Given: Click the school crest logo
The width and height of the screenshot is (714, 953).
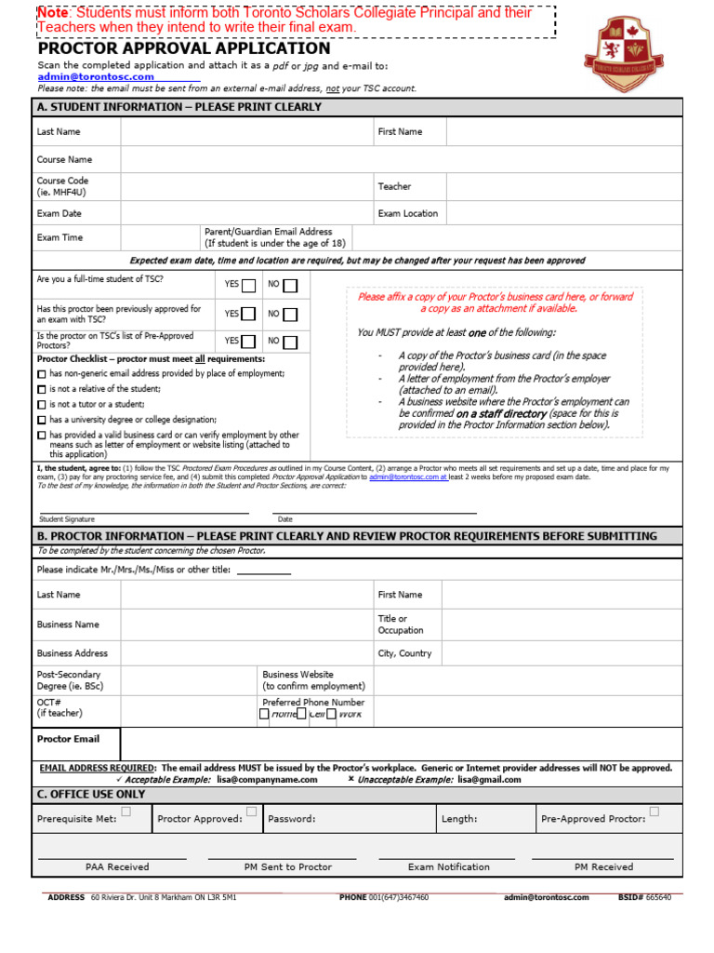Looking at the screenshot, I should click(x=637, y=53).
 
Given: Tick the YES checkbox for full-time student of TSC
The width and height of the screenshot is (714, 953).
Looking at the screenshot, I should click(x=248, y=286).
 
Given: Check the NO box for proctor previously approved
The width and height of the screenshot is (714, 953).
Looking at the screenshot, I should click(x=290, y=315).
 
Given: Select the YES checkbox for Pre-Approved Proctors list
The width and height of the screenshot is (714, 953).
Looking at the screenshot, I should click(x=248, y=342).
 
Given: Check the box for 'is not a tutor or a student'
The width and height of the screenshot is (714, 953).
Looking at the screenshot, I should click(x=42, y=405).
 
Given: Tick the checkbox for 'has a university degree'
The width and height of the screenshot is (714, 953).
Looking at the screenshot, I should click(x=42, y=421).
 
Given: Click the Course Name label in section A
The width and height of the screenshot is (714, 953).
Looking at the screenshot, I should click(x=64, y=160).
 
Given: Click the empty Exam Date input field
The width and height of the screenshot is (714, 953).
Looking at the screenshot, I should click(x=246, y=213).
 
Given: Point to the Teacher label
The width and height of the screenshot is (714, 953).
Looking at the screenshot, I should click(x=394, y=186).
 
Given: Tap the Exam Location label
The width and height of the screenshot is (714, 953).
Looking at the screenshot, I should click(x=407, y=213).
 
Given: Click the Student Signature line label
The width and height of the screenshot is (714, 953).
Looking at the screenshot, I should click(x=66, y=519).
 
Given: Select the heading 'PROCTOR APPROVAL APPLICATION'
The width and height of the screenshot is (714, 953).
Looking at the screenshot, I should click(x=183, y=48).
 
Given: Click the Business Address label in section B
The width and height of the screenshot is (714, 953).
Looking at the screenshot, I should click(x=72, y=653).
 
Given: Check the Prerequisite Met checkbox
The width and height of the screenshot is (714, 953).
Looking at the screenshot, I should click(x=126, y=812).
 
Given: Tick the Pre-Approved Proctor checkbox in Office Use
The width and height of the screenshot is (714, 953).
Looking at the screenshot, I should click(x=654, y=812).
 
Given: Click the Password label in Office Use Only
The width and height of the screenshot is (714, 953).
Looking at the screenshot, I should click(x=291, y=819).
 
